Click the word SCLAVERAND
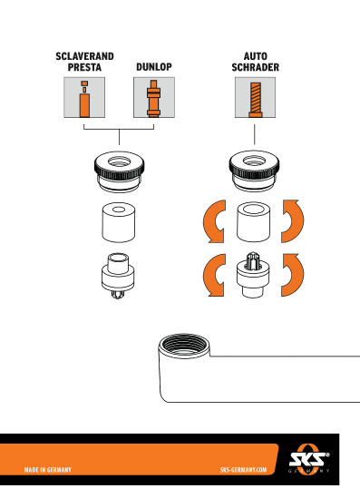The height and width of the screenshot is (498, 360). pyautogui.click(x=84, y=56)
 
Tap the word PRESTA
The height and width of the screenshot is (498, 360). pyautogui.click(x=84, y=67)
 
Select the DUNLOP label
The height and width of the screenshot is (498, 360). pyautogui.click(x=154, y=67)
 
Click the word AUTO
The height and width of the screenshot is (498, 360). pyautogui.click(x=255, y=56)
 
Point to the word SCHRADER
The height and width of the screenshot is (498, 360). pyautogui.click(x=255, y=67)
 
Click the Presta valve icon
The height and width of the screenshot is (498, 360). pyautogui.click(x=84, y=97)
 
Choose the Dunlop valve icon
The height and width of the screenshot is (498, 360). pyautogui.click(x=154, y=97)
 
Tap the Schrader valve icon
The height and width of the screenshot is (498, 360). pyautogui.click(x=255, y=97)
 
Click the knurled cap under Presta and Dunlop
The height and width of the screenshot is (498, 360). pyautogui.click(x=119, y=171)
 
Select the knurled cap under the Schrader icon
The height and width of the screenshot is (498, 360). pyautogui.click(x=254, y=171)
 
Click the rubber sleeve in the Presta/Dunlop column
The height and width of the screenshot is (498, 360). pyautogui.click(x=119, y=222)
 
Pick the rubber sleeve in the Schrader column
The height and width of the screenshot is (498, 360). pyautogui.click(x=253, y=221)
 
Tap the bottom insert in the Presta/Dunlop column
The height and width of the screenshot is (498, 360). pyautogui.click(x=118, y=276)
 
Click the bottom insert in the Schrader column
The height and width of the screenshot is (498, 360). pyautogui.click(x=253, y=275)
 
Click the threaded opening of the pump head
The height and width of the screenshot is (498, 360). pyautogui.click(x=184, y=345)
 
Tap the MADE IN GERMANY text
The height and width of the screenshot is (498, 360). pyautogui.click(x=48, y=470)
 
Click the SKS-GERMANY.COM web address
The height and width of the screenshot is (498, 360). pyautogui.click(x=244, y=470)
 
